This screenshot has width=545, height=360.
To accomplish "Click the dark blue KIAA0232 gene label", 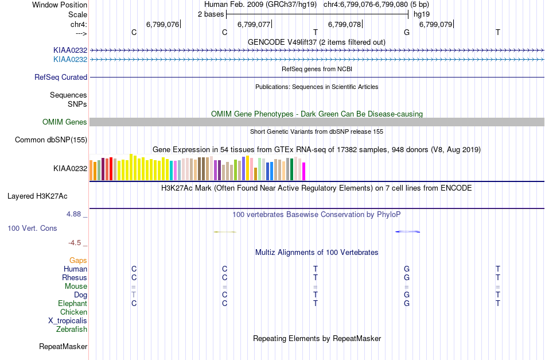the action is coord(70,51).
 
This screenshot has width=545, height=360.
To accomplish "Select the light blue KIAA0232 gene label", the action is coord(70,60).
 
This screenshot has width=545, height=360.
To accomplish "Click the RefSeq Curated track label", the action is coord(61,77).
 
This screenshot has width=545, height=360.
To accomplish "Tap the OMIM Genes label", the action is coord(65,122).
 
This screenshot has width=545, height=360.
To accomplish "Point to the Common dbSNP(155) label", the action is coord(51,140).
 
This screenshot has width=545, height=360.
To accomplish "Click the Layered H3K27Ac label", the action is coord(37,196).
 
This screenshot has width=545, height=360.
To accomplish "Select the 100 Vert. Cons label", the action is coord(32,229).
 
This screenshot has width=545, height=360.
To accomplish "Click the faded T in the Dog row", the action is coord(134,295).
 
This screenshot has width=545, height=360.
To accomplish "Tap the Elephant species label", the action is coord(73,304).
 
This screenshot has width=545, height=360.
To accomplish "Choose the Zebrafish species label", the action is coord(72,330).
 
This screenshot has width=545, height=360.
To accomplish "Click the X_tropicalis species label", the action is coord(68,321).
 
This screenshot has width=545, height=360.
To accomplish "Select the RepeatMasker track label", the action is coord(63,346).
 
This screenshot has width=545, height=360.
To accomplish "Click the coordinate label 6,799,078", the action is coord(344,24).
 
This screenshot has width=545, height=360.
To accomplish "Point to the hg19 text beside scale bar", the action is coord(422,14).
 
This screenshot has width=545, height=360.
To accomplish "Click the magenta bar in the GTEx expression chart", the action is coord(303,172).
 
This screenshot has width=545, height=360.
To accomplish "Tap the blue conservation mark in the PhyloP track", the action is coord(408,231).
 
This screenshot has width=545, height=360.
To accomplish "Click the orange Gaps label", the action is coord(78,261).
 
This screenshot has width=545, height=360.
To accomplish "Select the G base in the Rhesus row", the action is coord(407,277).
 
